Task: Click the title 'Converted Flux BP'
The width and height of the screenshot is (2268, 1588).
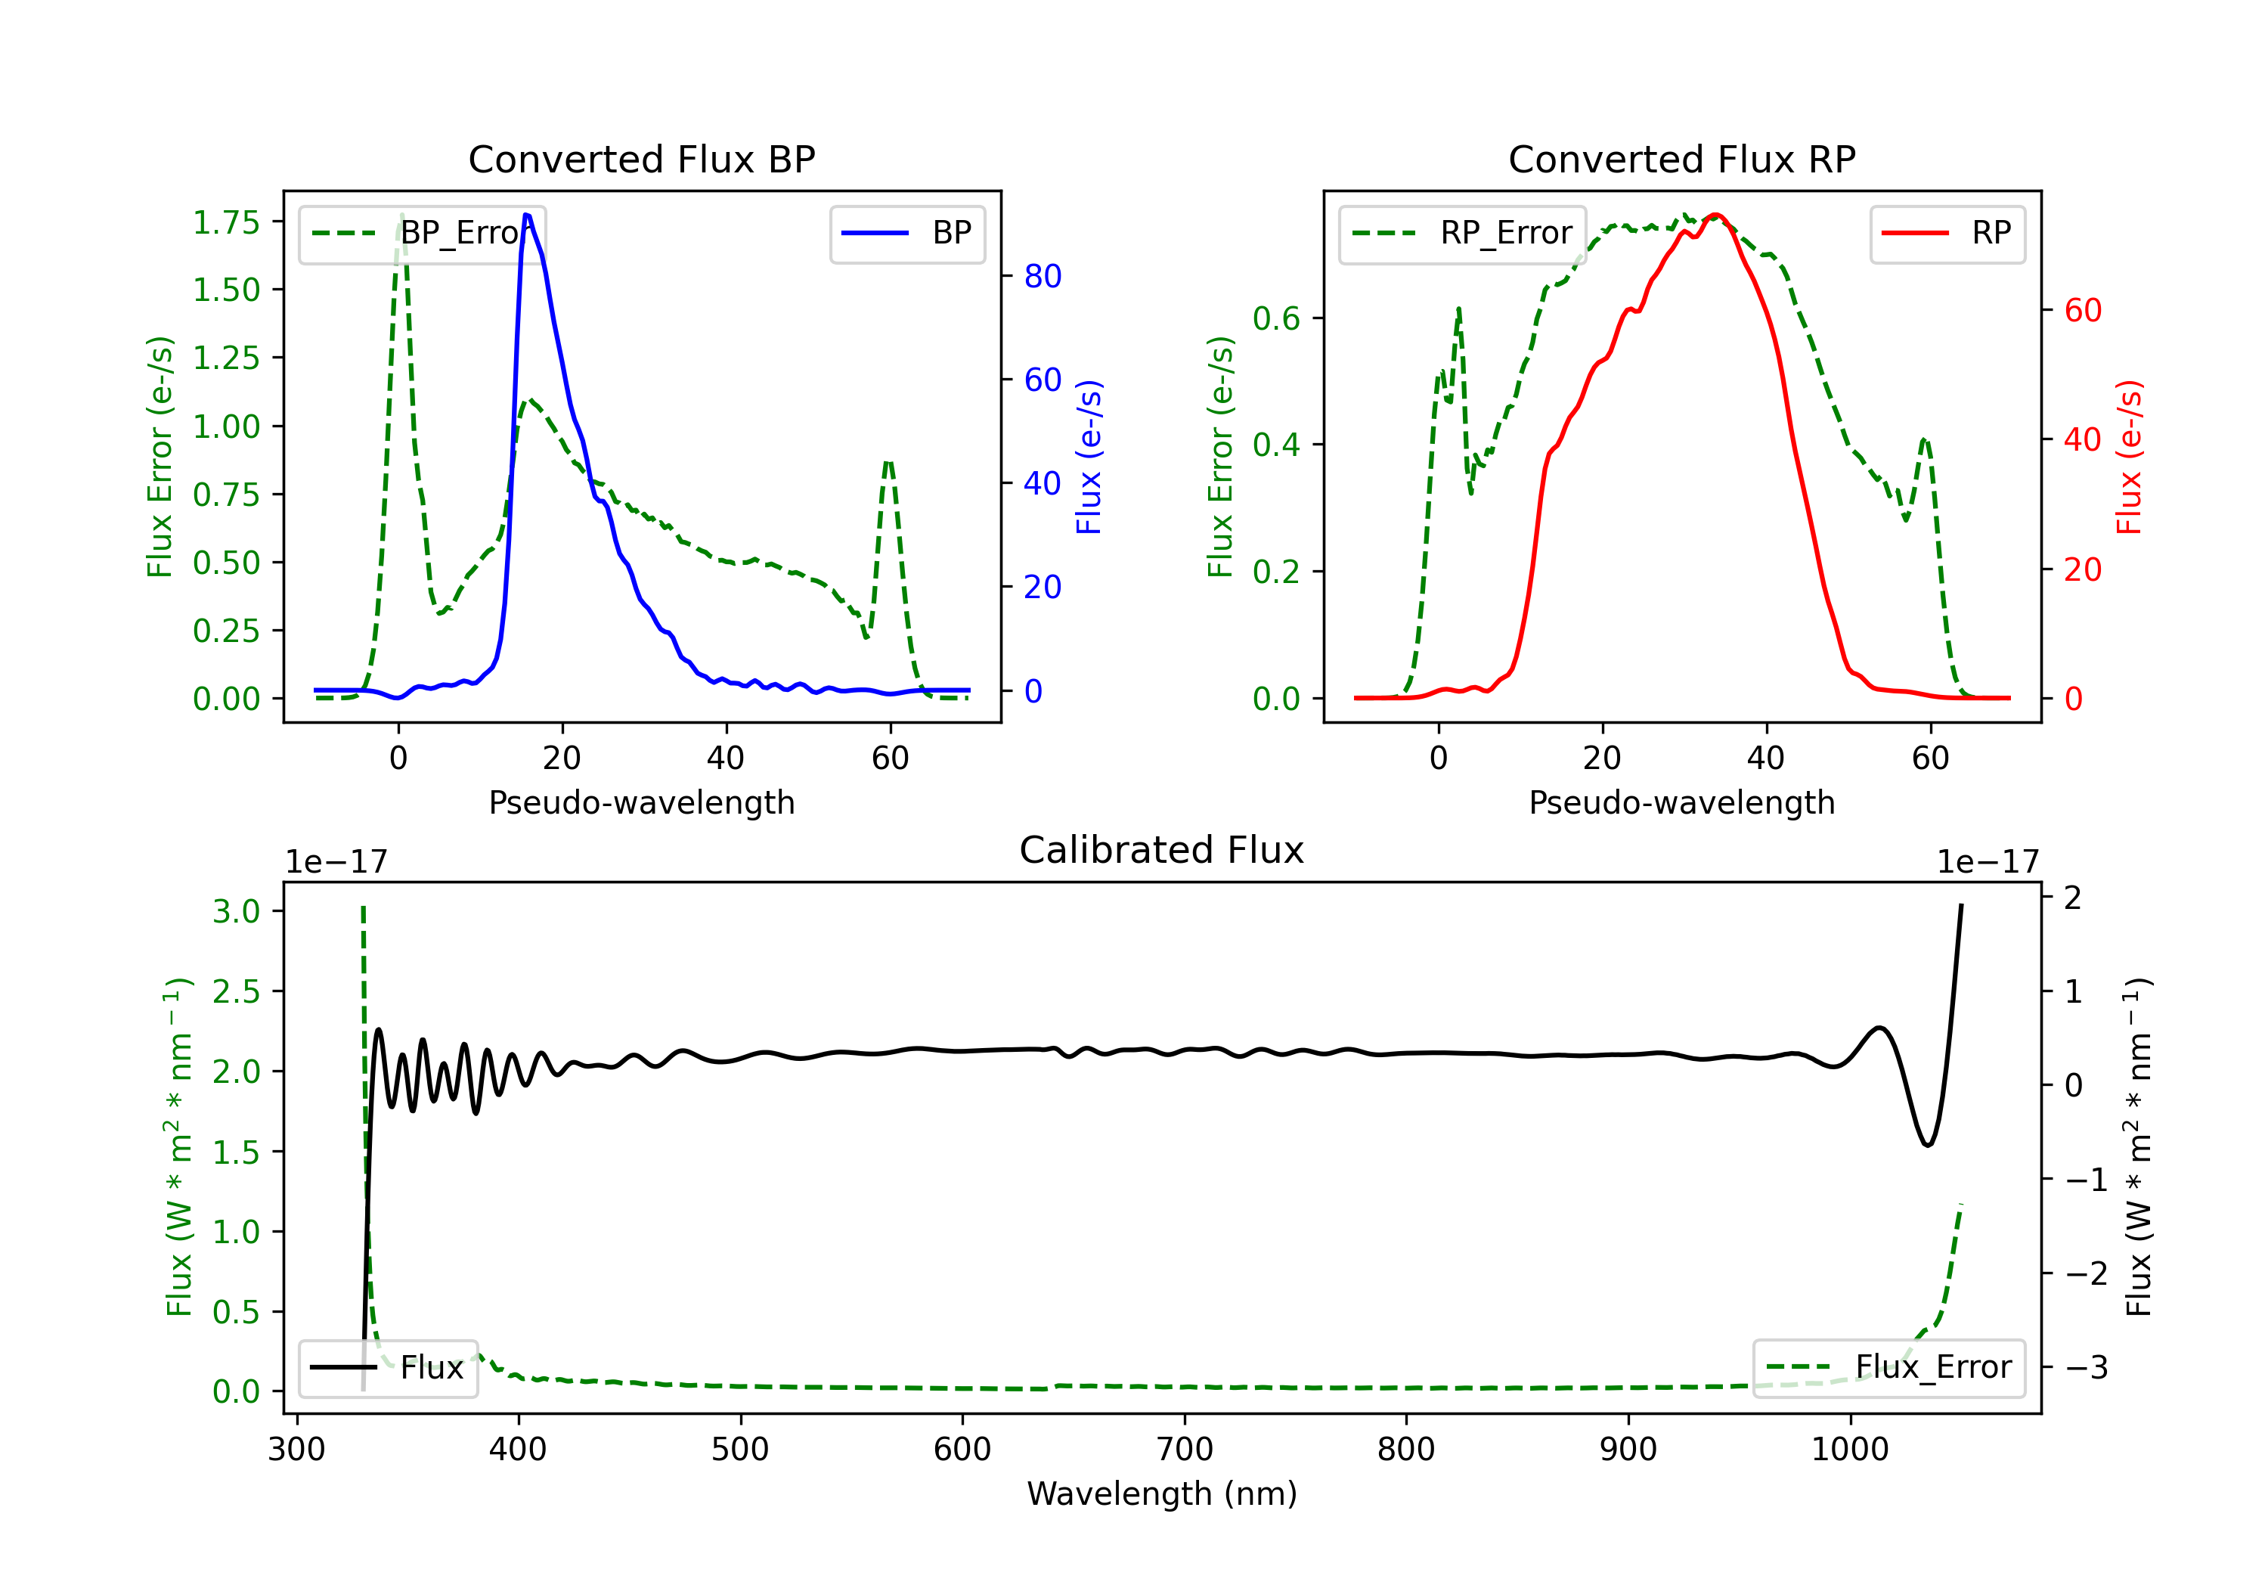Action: [641, 159]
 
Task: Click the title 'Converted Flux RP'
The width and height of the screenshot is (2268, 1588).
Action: [1681, 159]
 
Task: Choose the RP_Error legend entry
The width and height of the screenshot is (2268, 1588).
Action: [1462, 233]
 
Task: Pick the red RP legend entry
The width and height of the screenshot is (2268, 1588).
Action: [1947, 233]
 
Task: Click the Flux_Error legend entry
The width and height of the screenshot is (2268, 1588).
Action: [1888, 1368]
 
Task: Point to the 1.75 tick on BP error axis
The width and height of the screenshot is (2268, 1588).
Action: [226, 222]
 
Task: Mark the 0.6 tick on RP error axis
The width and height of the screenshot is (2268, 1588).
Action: [1276, 318]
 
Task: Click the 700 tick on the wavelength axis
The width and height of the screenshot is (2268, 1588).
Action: [1185, 1450]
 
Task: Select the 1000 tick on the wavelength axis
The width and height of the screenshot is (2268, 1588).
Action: [1849, 1450]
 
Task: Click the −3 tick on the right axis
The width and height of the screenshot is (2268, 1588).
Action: [2087, 1368]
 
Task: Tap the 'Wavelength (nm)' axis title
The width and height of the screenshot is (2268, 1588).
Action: [1162, 1494]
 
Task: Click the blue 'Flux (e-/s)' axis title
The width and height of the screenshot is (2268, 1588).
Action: [1089, 457]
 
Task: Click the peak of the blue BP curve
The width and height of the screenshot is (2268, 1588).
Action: [526, 215]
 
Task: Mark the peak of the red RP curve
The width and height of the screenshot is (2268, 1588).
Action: [1716, 215]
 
